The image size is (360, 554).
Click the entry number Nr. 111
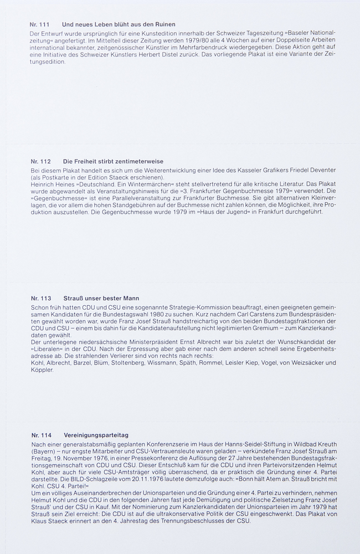click(40, 24)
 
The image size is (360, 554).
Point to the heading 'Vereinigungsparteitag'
click(95, 435)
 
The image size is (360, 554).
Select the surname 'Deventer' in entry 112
click(320, 170)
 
